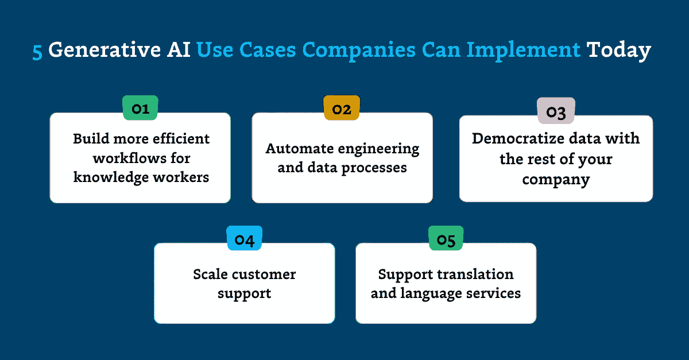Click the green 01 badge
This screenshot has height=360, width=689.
(141, 108)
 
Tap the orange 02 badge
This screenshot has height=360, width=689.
(342, 108)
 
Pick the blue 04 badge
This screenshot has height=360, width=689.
(245, 238)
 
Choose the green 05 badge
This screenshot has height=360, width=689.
(446, 238)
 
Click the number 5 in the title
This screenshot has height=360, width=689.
(37, 51)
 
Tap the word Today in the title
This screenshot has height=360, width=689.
(618, 51)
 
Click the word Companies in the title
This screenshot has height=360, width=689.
(359, 51)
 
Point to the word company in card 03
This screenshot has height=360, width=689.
(555, 179)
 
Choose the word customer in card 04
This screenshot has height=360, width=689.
(263, 274)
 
